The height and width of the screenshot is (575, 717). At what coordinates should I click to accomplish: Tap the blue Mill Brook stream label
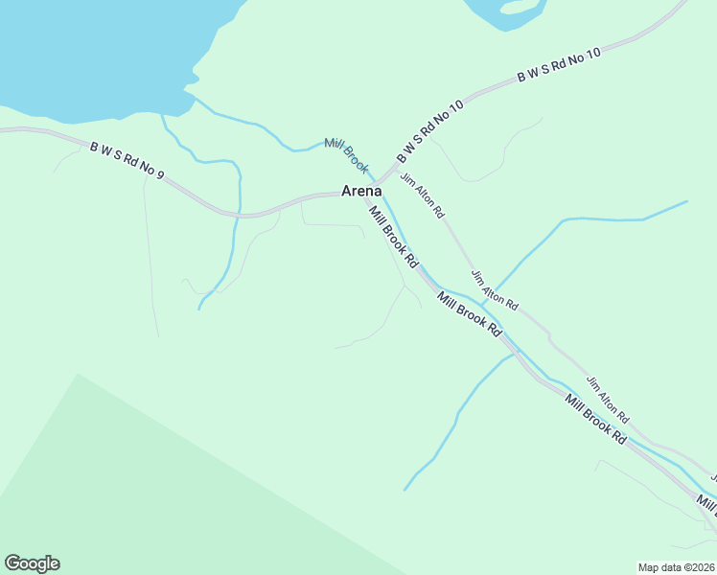(346, 155)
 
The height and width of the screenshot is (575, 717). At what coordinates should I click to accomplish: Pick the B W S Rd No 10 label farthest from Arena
(559, 64)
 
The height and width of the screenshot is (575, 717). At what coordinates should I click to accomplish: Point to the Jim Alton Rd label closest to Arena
(423, 194)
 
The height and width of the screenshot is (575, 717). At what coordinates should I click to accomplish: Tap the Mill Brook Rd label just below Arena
(394, 238)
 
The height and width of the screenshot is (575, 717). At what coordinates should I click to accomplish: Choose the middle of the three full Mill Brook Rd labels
(470, 313)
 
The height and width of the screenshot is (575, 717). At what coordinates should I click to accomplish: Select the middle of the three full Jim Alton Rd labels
(494, 289)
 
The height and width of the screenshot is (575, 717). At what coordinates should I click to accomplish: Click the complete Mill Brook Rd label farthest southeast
(595, 419)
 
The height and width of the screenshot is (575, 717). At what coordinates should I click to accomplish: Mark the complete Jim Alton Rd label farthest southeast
(607, 400)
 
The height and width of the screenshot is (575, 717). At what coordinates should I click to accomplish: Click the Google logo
(32, 563)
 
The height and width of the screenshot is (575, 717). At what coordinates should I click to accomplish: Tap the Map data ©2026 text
(676, 566)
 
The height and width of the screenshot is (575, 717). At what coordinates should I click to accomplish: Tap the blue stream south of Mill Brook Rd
(451, 422)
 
